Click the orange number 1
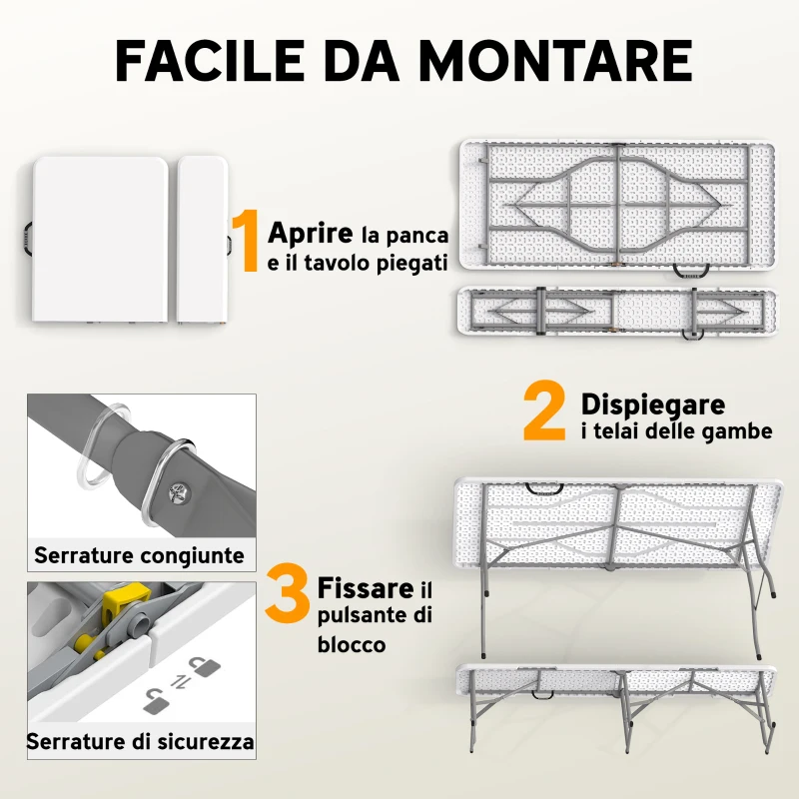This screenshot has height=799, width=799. pos(245,241)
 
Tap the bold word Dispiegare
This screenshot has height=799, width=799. pos(653,404)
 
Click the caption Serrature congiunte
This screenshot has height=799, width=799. pos(139,555)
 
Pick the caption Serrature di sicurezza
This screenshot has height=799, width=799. pos(140,742)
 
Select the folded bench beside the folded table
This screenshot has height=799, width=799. pos(202,240)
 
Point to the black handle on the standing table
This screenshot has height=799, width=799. pos(545,488)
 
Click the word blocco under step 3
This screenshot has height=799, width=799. pos(352,644)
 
